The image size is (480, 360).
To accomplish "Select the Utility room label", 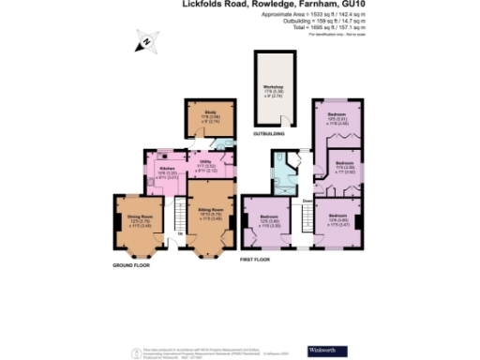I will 207,168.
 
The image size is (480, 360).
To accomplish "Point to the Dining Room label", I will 140,221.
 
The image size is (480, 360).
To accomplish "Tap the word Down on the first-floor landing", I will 307,201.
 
